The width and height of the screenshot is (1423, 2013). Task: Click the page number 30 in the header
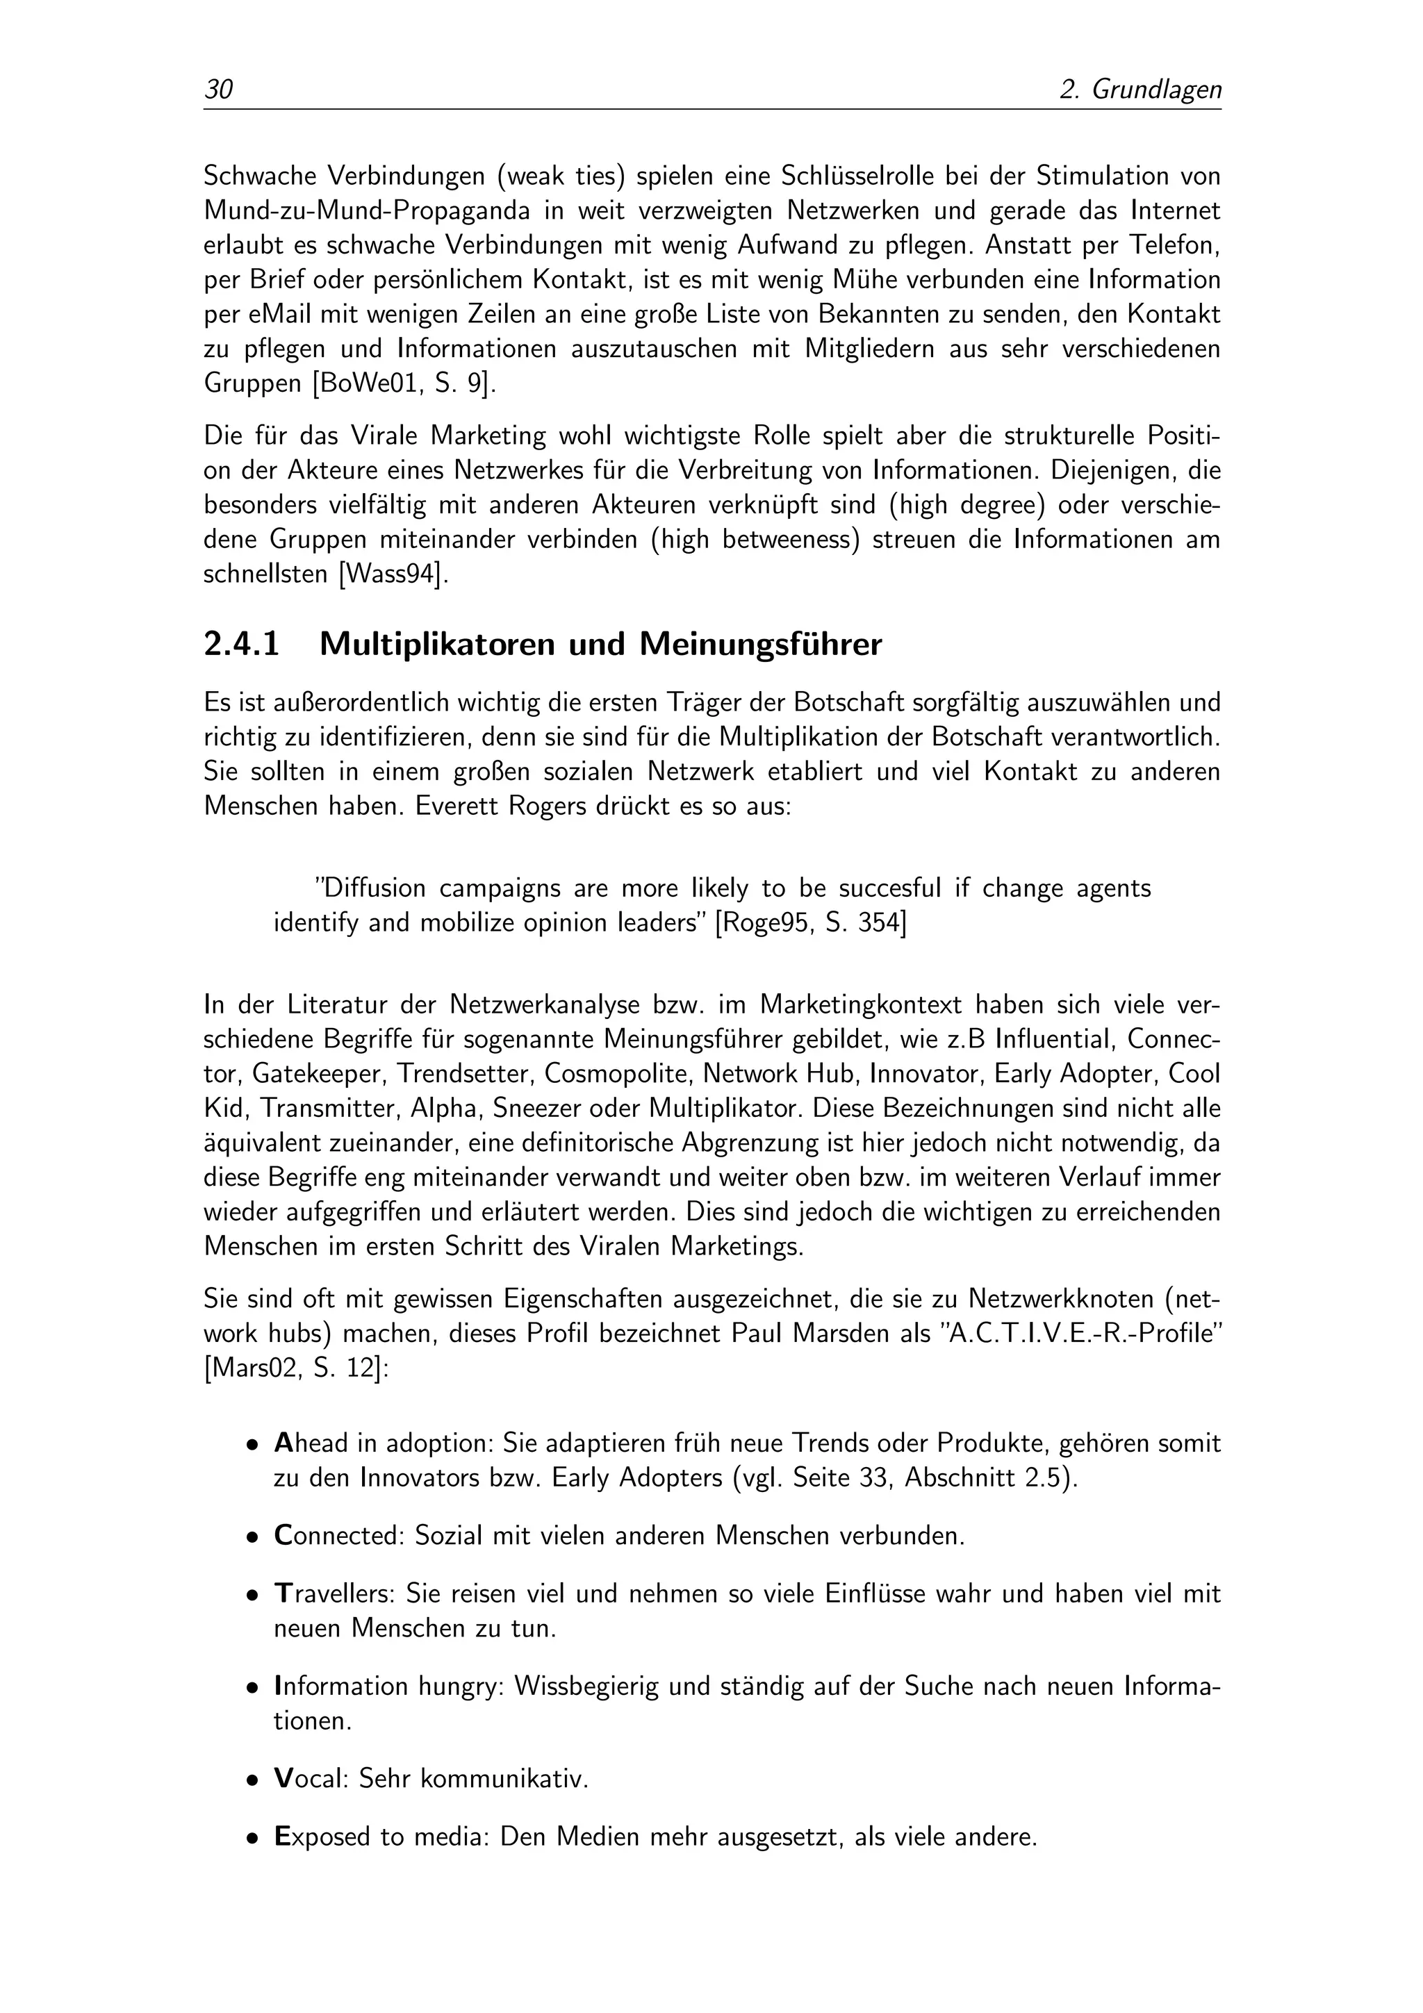(x=218, y=90)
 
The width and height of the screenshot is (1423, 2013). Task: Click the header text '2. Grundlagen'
(x=1140, y=90)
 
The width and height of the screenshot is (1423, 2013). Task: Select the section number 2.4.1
(x=241, y=645)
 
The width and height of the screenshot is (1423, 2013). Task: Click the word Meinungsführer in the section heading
(x=760, y=645)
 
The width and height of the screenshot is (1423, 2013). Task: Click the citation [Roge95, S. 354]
(x=811, y=923)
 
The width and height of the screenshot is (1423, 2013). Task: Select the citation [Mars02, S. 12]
(x=295, y=1368)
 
